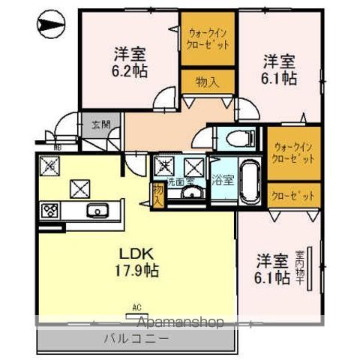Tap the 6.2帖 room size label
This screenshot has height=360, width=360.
pyautogui.click(x=130, y=61)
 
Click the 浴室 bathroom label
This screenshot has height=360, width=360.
pyautogui.click(x=222, y=180)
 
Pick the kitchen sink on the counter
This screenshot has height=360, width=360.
pyautogui.click(x=97, y=209)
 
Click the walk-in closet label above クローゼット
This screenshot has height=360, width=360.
pyautogui.click(x=292, y=153)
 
